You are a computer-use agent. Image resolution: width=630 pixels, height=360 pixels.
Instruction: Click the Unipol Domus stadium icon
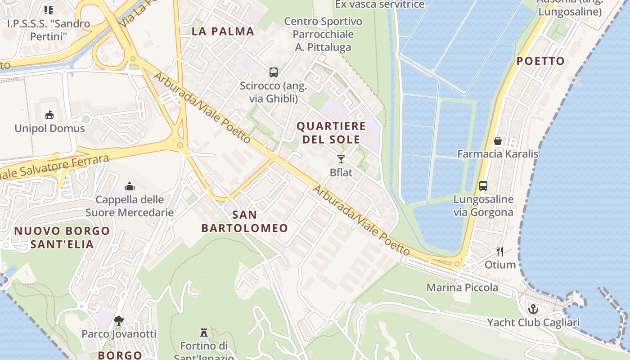coord(49,115)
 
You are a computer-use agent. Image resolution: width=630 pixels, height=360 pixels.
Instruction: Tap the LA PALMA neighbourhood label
coord(223,31)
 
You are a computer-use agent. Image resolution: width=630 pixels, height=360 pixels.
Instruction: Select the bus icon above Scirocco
coord(273,72)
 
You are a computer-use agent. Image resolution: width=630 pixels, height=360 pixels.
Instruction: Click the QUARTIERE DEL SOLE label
coord(331,132)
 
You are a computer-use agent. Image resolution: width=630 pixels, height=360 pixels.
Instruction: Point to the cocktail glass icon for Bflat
coord(341,159)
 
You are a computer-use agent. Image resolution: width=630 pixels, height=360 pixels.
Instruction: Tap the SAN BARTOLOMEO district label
coord(244,221)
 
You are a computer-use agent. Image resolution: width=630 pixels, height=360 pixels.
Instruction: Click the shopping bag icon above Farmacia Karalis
coord(498,141)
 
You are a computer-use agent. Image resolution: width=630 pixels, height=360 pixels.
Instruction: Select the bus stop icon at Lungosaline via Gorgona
coord(483,185)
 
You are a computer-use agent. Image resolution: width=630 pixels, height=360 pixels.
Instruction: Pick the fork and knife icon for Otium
coord(500,251)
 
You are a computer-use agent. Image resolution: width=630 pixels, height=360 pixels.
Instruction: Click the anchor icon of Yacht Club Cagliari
coord(533,309)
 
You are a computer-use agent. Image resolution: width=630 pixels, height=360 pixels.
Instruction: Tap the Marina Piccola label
coord(462,288)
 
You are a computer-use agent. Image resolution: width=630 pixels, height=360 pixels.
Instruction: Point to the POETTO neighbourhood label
coord(540,61)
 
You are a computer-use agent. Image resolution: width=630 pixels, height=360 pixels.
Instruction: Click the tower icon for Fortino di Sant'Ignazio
coord(204,333)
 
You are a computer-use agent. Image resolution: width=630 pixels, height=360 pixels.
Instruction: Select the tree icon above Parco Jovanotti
coord(119,321)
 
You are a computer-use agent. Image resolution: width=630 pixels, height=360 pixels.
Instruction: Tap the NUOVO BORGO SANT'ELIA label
coord(62,238)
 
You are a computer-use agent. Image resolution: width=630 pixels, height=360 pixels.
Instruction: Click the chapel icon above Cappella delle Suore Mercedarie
coord(130,186)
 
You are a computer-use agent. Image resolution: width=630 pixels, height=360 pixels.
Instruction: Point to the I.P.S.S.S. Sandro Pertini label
coord(48,30)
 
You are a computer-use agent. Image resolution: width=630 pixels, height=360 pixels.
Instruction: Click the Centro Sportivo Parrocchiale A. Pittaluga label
coord(323,34)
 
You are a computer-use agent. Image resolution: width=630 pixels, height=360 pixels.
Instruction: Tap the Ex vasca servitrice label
coord(380,4)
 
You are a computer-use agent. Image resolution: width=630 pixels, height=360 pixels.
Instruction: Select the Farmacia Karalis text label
coord(498,154)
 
